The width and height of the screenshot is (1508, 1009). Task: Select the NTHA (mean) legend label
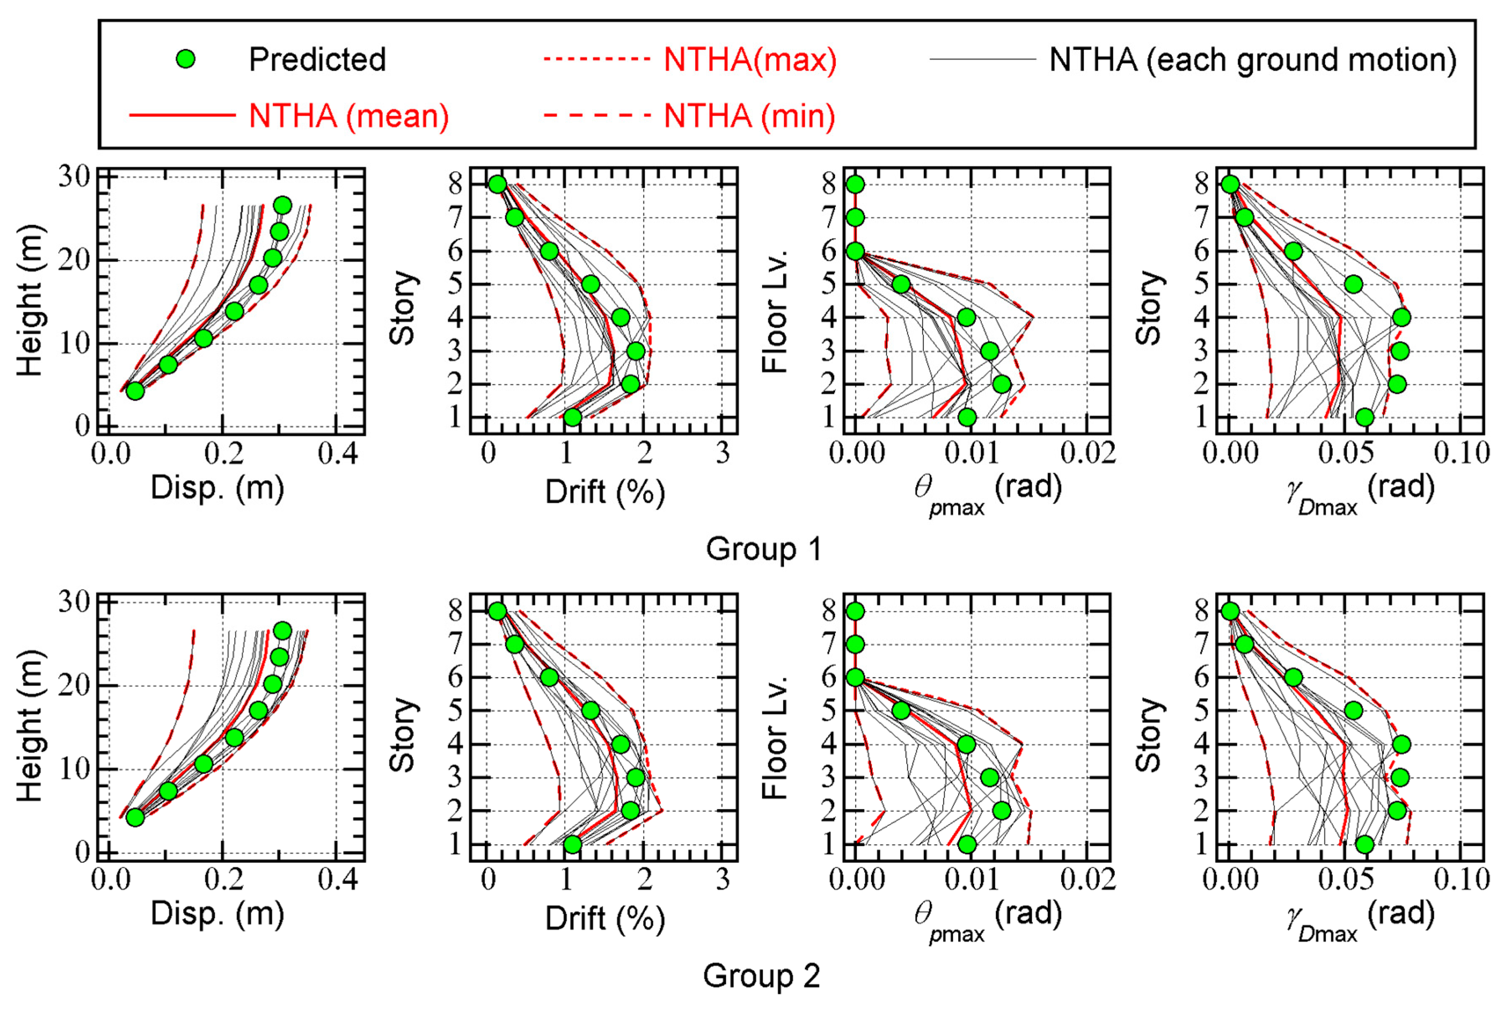(x=348, y=116)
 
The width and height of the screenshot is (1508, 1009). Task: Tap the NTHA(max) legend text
(x=750, y=60)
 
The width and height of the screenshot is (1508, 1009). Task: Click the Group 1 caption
(x=763, y=549)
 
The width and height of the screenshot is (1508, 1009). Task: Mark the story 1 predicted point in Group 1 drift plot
(x=572, y=417)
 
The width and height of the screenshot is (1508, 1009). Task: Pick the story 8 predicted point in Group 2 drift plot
(x=497, y=611)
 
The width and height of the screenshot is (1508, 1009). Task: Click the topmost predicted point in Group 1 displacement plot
(x=282, y=205)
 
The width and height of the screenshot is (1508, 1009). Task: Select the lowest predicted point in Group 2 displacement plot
(x=135, y=817)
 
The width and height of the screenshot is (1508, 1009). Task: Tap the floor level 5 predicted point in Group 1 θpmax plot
(x=901, y=284)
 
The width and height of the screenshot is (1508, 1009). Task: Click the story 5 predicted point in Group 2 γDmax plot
(x=1353, y=710)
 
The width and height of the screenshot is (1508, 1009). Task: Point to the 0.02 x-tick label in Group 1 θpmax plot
(x=1088, y=454)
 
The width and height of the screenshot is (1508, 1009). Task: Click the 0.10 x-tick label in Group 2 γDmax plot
(x=1462, y=880)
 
